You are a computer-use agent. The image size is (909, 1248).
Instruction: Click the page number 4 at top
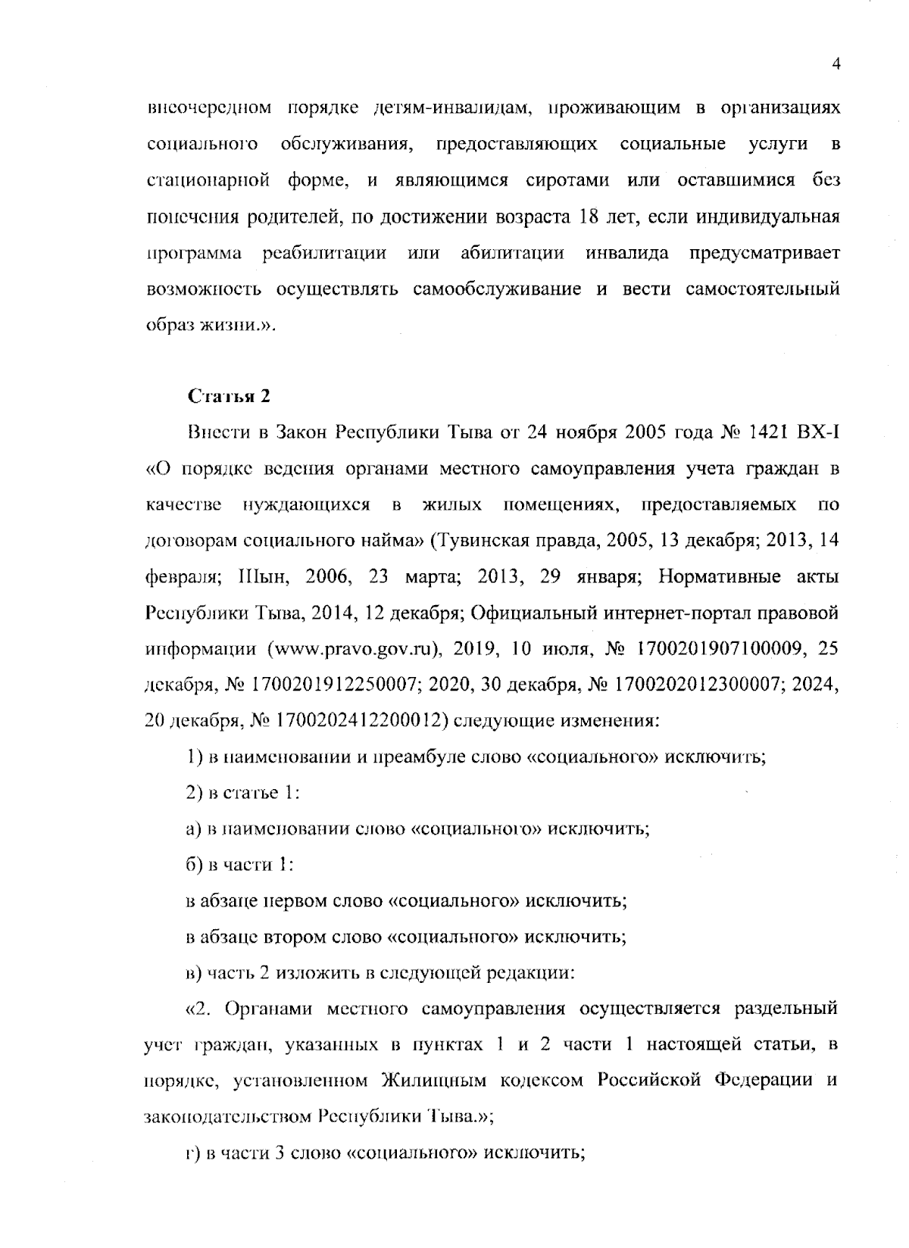click(836, 65)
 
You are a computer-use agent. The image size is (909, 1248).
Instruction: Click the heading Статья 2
click(228, 396)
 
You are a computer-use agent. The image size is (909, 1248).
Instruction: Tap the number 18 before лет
click(589, 217)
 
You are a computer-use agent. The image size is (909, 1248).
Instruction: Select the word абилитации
click(512, 254)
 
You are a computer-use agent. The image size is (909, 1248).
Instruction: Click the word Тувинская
click(479, 541)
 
